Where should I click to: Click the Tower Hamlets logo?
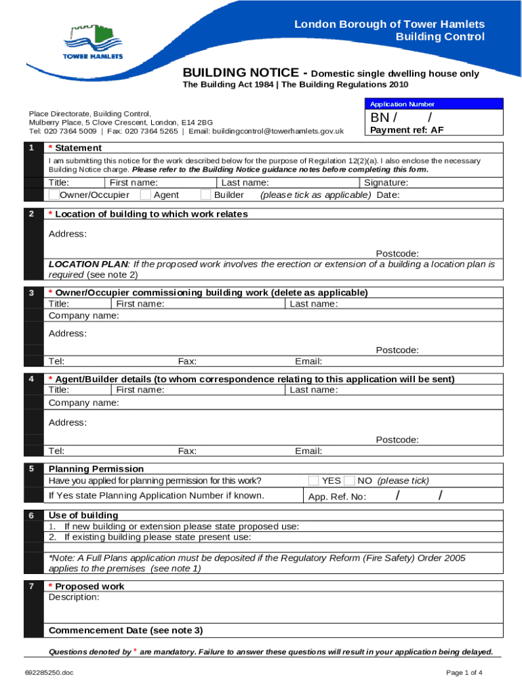tap(94, 43)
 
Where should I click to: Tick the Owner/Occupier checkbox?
tap(54, 195)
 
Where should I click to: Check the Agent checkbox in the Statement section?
tap(145, 195)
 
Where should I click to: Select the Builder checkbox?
tap(205, 195)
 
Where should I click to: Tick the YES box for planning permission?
tap(313, 481)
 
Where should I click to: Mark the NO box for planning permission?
tap(349, 481)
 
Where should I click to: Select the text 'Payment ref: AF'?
tap(407, 130)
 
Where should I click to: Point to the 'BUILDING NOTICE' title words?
tap(241, 73)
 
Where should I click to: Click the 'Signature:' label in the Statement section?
tap(386, 182)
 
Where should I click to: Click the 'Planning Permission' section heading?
tap(96, 469)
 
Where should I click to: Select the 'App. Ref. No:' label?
tap(337, 497)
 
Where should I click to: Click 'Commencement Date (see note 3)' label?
tap(125, 630)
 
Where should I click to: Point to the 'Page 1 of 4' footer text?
tap(464, 672)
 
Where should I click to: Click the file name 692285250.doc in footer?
tap(49, 672)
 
